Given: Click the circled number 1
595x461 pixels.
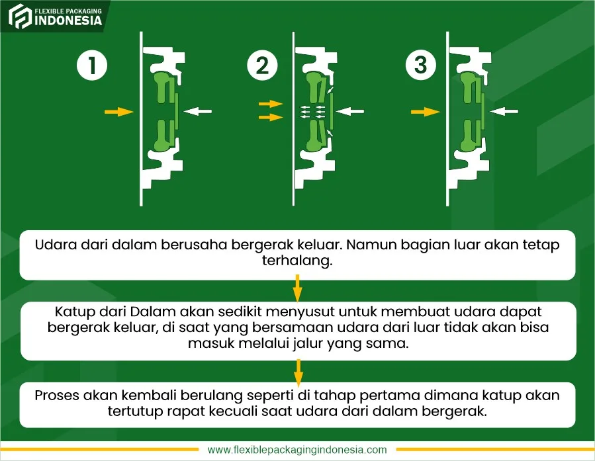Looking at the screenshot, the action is [92, 65].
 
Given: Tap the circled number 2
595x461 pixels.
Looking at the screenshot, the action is [262, 65].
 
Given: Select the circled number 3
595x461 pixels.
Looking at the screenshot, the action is [421, 64].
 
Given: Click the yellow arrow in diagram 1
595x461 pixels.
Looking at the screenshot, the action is [119, 112].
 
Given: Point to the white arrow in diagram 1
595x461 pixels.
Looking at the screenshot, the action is [198, 111].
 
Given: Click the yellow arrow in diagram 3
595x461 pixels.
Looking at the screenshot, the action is [426, 112].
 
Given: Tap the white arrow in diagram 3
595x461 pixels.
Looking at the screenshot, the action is [504, 111].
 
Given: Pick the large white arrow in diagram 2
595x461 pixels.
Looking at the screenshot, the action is [350, 111].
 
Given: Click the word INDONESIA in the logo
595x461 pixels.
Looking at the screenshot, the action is [68, 21].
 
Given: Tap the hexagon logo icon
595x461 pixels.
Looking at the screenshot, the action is [20, 17].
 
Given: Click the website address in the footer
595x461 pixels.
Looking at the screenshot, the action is [297, 450].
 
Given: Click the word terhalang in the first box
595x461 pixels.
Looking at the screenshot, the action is [297, 261].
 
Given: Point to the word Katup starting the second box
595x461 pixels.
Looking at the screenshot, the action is [75, 312].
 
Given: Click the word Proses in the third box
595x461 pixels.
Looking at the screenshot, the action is [57, 396].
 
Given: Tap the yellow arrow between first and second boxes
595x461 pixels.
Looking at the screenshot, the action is [298, 288].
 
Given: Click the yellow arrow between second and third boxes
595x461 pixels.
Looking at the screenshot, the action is [298, 373].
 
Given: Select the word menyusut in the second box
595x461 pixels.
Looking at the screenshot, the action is [298, 312].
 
